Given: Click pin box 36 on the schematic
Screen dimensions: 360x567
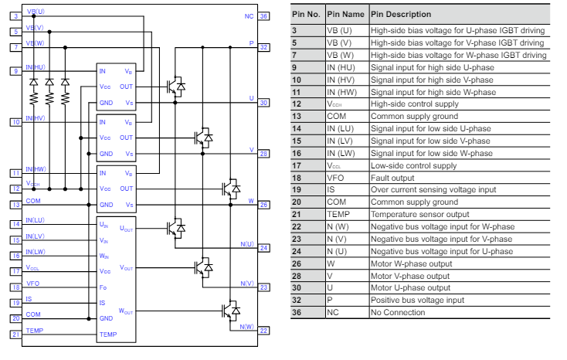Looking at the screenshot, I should coord(264,15).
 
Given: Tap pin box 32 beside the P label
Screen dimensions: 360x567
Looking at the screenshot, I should coord(264,46).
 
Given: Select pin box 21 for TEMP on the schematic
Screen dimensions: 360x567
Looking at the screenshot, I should coord(15,334).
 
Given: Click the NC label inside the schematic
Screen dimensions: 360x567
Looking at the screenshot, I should coord(249,15).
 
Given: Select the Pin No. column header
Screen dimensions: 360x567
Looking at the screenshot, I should coord(307,14).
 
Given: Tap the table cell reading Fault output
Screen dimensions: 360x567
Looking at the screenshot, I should coord(395,177).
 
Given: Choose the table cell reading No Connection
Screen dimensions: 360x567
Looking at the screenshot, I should coord(398,312).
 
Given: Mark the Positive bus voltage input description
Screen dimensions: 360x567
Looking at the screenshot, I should coord(418,300).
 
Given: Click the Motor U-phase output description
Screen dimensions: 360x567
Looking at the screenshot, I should coord(410,287).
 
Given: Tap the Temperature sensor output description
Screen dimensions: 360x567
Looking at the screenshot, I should coord(419,214).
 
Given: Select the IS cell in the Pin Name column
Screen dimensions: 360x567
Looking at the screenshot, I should coord(332,189).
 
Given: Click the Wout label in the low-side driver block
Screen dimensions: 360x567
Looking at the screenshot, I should coord(126,311).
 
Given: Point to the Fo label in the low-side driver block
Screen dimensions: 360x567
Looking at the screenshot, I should coord(103,287).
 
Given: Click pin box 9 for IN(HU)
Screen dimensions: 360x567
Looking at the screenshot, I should coord(15,71).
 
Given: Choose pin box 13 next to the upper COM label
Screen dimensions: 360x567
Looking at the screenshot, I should coord(15,204).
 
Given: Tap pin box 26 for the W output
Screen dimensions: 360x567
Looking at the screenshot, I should coord(264,204).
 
